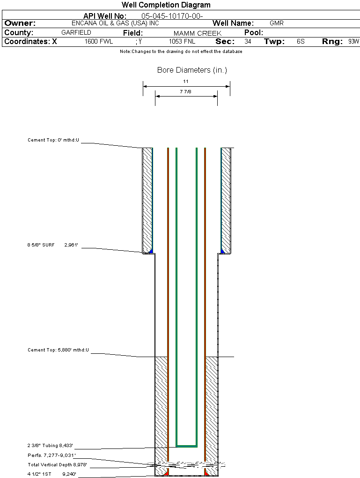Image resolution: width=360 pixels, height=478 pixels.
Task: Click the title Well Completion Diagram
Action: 166,5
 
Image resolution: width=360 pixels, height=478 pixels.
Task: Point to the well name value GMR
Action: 277,23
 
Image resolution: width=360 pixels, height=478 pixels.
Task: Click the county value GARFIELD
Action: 76,33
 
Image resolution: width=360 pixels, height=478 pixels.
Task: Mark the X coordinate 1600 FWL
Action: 99,42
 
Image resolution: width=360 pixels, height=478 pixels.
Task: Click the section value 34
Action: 248,42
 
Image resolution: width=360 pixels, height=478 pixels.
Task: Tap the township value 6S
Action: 301,42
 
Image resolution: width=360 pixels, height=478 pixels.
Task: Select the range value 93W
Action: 353,42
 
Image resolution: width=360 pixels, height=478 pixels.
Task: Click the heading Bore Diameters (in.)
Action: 192,70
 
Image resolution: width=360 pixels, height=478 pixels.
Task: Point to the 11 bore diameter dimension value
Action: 186,82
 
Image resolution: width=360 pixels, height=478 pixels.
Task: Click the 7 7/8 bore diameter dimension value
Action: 186,91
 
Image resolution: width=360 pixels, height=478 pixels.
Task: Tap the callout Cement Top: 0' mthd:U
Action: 53,140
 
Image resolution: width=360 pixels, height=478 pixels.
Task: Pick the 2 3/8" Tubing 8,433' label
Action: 50,446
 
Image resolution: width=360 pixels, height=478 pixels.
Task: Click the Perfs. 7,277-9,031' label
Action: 51,456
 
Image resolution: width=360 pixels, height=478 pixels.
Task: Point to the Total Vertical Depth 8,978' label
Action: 57,465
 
